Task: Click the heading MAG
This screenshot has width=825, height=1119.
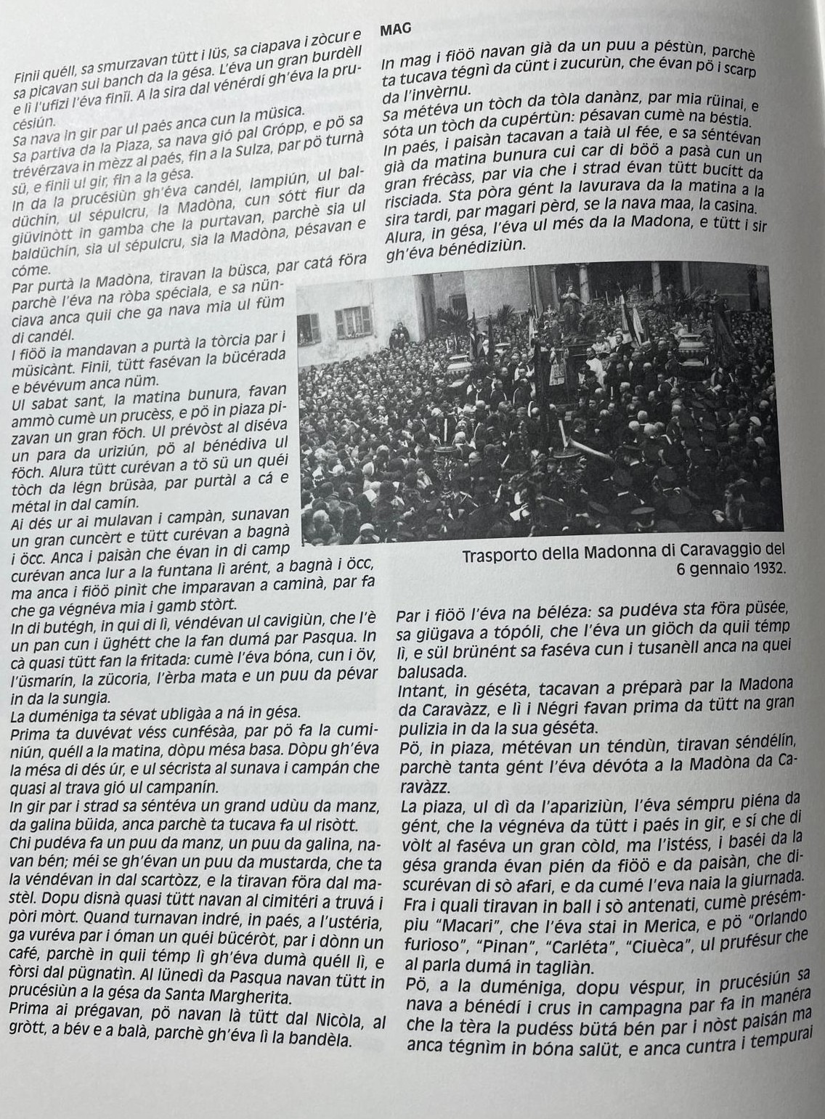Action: click(395, 29)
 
